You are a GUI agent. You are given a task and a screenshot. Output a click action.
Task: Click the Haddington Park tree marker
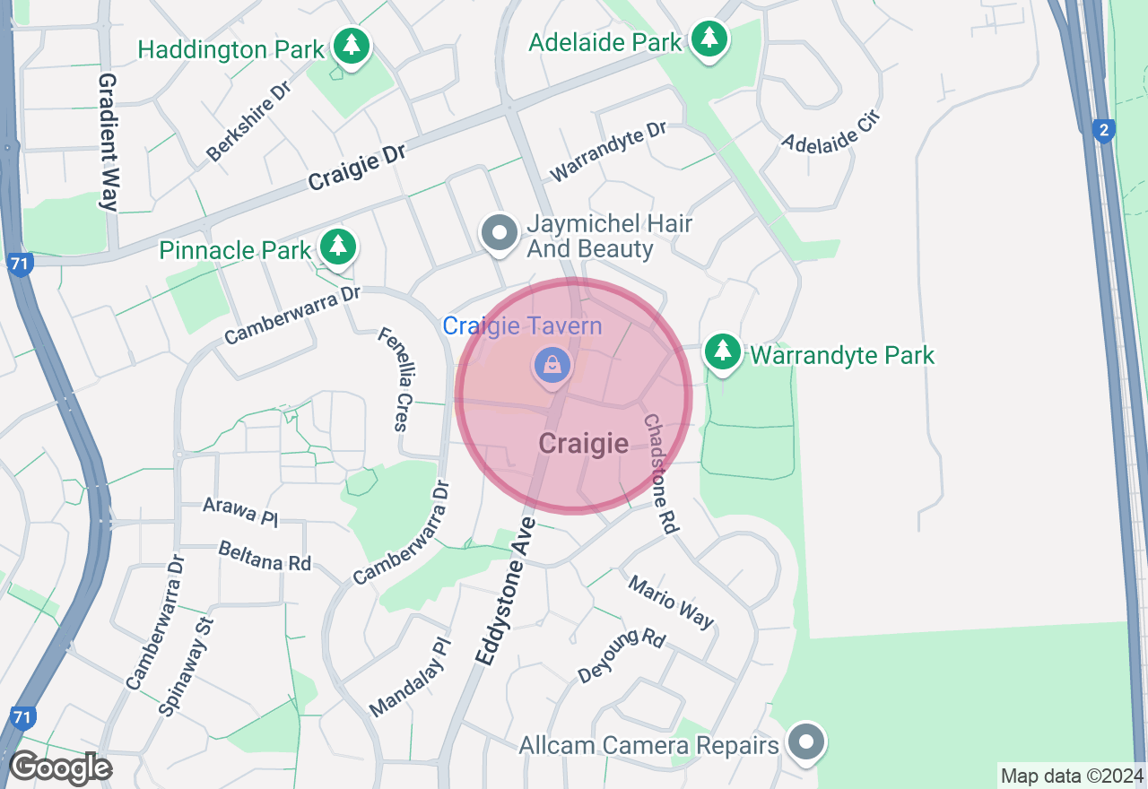coord(351,45)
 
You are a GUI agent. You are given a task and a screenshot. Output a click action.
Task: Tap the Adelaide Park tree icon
coord(709,39)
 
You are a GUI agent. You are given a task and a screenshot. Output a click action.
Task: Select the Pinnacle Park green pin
coord(337,246)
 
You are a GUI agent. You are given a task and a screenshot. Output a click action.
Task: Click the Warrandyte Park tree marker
coord(722,351)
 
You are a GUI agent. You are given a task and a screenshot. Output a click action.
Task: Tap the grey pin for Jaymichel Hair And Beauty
coord(500,234)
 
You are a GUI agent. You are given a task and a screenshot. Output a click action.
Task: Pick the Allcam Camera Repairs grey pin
coord(806,741)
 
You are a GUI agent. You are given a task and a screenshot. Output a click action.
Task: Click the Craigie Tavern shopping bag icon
coord(553,365)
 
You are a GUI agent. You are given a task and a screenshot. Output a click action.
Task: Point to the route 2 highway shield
coord(1104,131)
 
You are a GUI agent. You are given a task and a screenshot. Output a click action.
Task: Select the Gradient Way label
coord(109,142)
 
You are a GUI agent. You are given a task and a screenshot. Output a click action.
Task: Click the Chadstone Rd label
coord(659,473)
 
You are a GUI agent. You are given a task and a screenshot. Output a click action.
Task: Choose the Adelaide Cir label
coord(831,131)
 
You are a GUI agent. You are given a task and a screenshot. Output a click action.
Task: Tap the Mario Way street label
coord(671,602)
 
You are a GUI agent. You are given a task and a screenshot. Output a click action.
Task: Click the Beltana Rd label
coord(265,556)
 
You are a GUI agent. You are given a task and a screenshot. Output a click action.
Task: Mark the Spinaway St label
coord(187,665)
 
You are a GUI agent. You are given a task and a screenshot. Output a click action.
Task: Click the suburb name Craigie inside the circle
coord(583,443)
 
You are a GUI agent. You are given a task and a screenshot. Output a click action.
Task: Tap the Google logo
coord(60,767)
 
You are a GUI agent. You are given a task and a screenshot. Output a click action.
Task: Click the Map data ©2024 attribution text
coord(1072,776)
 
